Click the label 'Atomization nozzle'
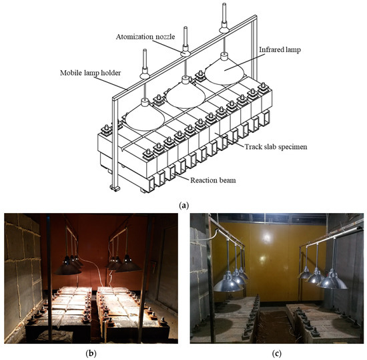point(145,37)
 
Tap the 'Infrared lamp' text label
point(280,50)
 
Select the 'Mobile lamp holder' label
point(90,73)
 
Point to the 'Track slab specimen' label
point(276,147)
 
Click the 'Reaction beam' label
point(213,180)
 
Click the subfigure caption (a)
point(183,206)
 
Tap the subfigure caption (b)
point(91,353)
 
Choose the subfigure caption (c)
point(277,353)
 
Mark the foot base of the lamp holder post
point(115,188)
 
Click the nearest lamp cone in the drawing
point(145,116)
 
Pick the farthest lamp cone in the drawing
point(225,69)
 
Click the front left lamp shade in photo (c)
point(228,283)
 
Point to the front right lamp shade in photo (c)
point(332,280)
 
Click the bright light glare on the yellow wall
point(266,238)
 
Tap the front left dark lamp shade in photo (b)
point(67,267)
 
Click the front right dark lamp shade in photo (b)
point(128,264)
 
